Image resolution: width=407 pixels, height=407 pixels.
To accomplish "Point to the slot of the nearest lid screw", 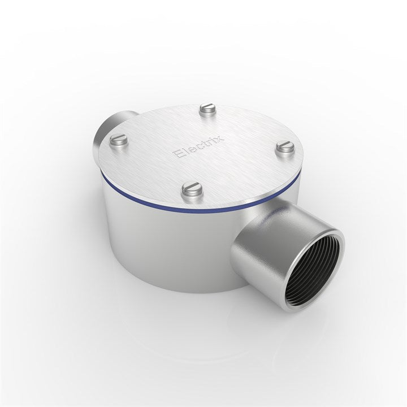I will [193, 187].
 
